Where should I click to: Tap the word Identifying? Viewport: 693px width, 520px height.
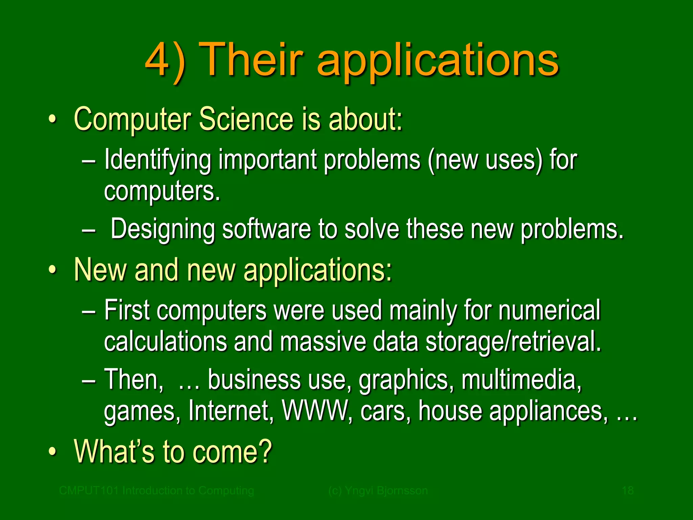point(157,159)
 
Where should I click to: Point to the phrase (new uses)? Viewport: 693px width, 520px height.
point(485,159)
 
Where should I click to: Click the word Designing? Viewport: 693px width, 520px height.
point(162,229)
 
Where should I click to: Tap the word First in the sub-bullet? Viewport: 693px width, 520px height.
point(127,310)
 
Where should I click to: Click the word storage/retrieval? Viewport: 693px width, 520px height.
point(513,342)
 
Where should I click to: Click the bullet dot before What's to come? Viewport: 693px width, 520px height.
point(52,452)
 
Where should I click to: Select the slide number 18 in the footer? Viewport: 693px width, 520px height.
point(628,491)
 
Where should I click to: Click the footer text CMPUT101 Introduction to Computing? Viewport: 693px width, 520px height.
point(156,491)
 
